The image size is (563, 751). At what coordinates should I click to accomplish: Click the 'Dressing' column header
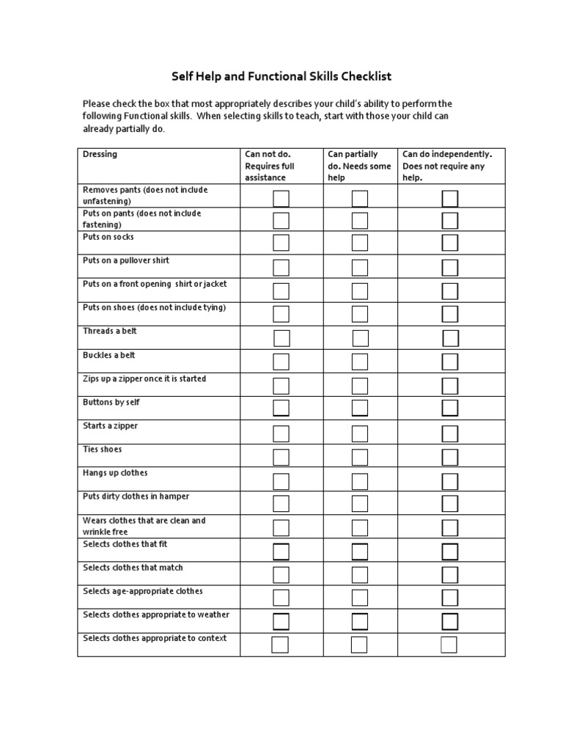[100, 154]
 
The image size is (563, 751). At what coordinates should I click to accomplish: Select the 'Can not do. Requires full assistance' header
[269, 166]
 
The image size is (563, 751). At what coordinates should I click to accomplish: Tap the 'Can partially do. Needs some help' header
[359, 166]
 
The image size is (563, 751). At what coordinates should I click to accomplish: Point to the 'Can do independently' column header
[447, 166]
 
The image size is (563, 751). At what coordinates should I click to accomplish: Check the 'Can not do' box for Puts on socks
[281, 243]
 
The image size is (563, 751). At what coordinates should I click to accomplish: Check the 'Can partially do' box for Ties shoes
[359, 457]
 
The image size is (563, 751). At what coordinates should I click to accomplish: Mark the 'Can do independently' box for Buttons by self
[450, 409]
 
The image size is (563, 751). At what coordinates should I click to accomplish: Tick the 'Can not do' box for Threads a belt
[281, 338]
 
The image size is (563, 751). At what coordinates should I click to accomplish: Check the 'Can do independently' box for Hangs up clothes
[450, 481]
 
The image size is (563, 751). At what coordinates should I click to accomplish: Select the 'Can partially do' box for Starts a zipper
[359, 433]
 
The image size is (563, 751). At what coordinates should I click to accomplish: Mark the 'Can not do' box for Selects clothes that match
[281, 574]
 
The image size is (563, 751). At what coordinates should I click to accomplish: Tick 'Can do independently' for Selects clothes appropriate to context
[449, 645]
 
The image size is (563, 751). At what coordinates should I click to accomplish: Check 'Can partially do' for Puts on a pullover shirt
[359, 267]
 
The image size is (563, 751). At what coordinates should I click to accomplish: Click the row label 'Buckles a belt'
[109, 355]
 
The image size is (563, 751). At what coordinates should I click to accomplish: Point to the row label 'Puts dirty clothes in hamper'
[136, 497]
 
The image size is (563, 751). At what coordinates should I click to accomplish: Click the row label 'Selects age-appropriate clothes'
[143, 591]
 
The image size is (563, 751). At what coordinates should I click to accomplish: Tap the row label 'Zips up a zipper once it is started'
[144, 379]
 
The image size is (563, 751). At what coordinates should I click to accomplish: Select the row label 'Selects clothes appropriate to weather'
[156, 615]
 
